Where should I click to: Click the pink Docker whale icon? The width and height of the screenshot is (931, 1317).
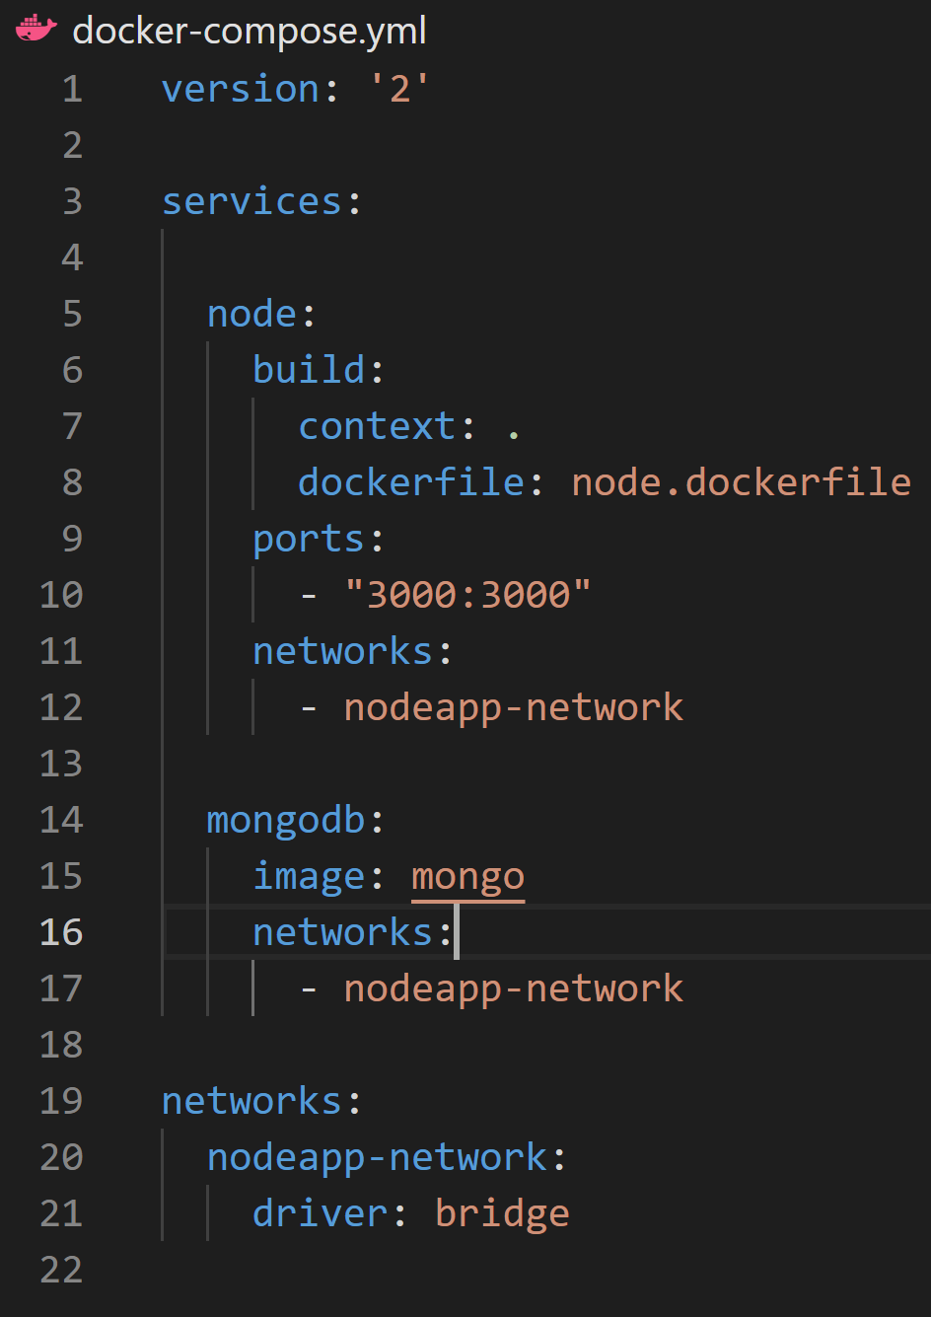[x=36, y=29]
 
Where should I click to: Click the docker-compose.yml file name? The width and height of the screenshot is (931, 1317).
[x=250, y=31]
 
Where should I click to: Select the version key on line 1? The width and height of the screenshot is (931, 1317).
[x=241, y=90]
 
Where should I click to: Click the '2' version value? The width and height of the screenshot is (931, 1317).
[x=399, y=90]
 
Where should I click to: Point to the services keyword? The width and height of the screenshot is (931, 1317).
[x=251, y=202]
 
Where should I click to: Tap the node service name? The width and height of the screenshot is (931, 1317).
[x=251, y=315]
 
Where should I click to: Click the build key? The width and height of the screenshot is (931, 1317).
[x=309, y=370]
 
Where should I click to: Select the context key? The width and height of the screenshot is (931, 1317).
[x=377, y=427]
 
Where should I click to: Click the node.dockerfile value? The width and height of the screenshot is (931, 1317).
[x=741, y=482]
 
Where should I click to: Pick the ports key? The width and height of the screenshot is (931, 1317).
[x=309, y=540]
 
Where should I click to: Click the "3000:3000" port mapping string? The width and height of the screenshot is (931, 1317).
[x=467, y=595]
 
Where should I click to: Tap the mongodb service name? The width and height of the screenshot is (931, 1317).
[x=285, y=820]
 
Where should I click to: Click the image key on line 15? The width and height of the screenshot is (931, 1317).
[x=309, y=876]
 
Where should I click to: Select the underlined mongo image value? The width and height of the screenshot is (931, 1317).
[x=467, y=876]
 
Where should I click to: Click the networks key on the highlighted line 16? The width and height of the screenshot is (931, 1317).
[x=342, y=932]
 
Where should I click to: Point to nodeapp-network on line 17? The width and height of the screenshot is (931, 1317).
[x=513, y=988]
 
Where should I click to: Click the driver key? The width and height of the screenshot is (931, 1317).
[x=320, y=1213]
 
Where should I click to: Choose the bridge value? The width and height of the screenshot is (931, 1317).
[x=502, y=1213]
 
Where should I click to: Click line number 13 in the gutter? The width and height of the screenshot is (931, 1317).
[x=61, y=764]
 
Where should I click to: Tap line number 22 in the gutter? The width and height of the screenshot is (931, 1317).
[x=61, y=1270]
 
